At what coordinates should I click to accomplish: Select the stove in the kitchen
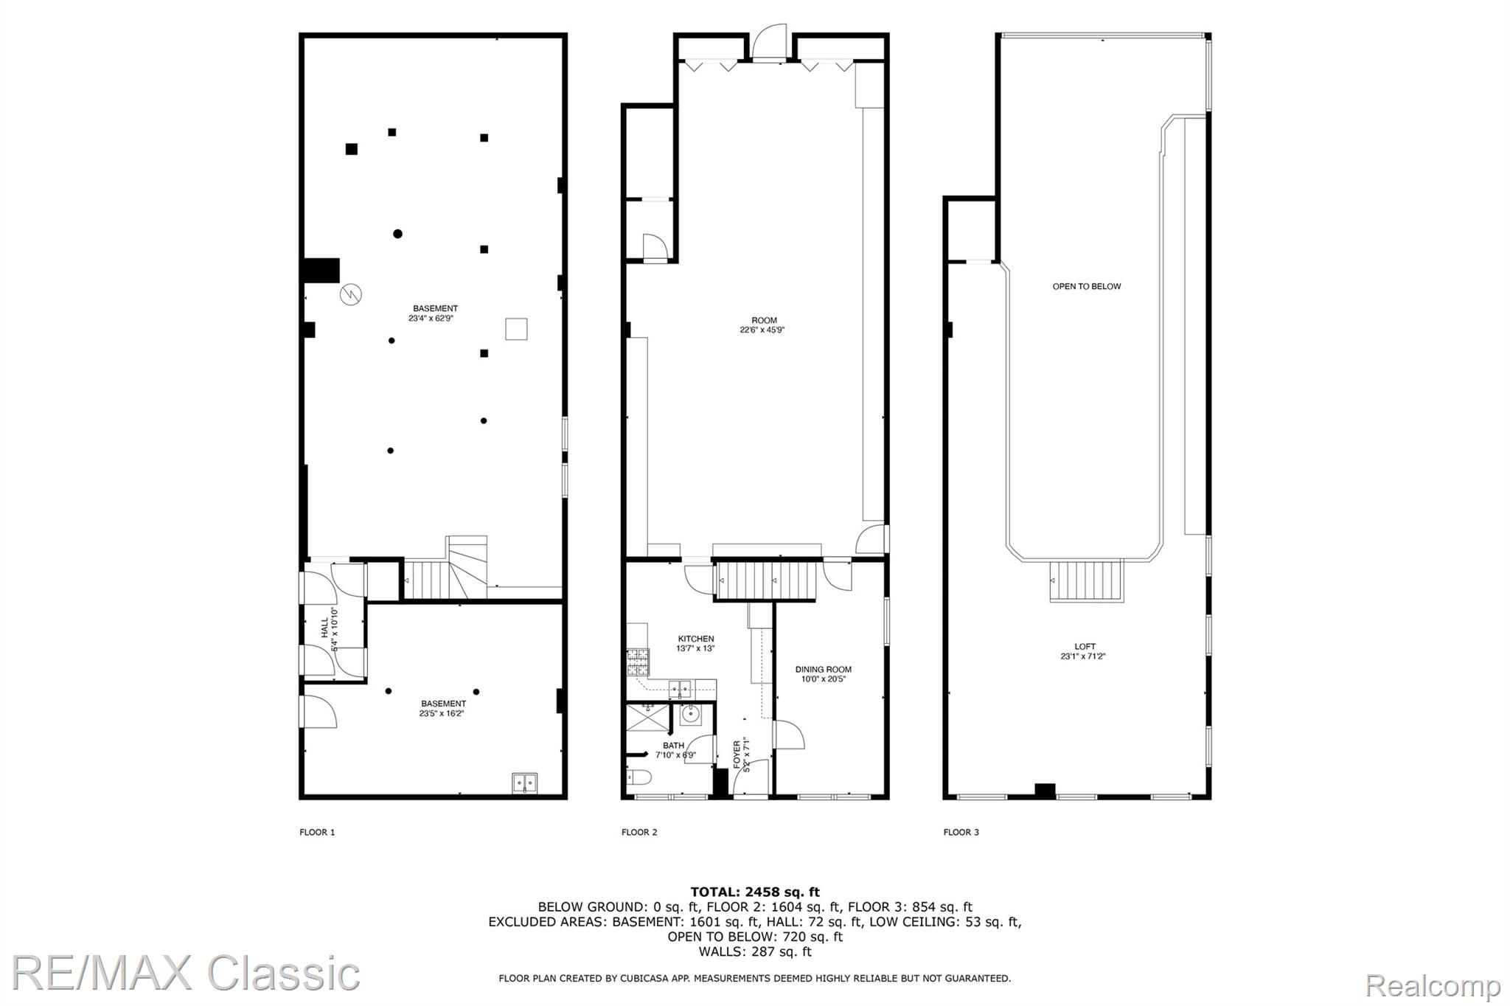click(x=637, y=662)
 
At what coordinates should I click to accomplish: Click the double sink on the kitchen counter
click(x=680, y=689)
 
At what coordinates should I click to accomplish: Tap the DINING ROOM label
click(x=823, y=670)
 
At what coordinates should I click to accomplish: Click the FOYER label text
click(x=737, y=754)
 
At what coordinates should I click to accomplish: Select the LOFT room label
click(x=1085, y=646)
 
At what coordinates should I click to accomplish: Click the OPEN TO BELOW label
click(x=1086, y=286)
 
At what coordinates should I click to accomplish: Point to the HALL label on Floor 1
click(x=324, y=628)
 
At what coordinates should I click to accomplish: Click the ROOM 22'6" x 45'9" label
click(x=763, y=325)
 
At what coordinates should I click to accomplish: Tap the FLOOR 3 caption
click(x=961, y=832)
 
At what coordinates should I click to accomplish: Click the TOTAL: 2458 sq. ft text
click(x=754, y=892)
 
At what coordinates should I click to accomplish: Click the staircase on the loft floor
click(x=1086, y=581)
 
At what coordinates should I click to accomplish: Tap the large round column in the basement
click(x=397, y=234)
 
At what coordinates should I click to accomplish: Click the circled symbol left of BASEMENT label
click(x=350, y=294)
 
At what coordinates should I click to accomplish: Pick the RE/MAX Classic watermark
click(x=186, y=974)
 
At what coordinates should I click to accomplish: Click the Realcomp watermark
click(x=1433, y=985)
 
